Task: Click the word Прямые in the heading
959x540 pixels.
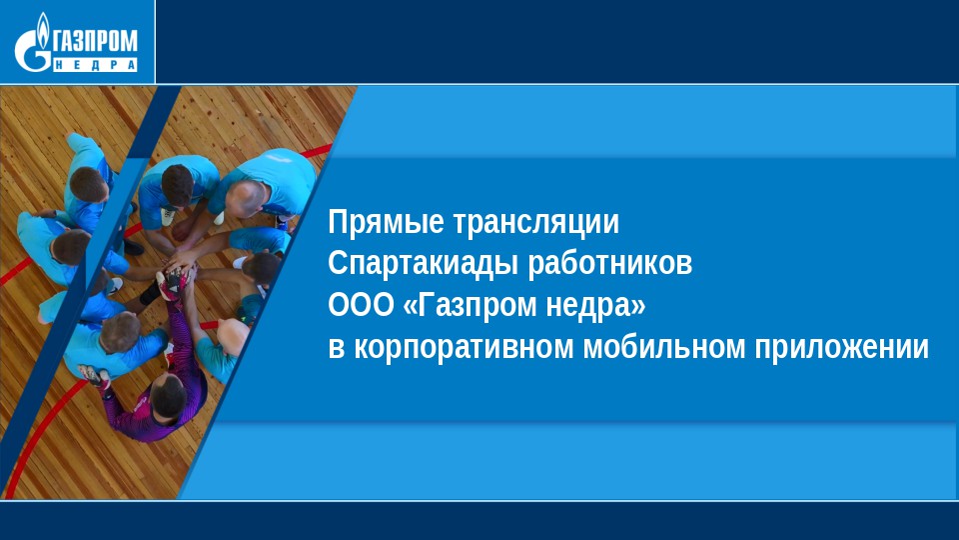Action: click(386, 222)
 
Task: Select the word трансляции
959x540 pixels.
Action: click(535, 222)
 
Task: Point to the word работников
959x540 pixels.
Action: click(609, 264)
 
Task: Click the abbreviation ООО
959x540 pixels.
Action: click(361, 305)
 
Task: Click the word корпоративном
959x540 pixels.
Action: click(465, 347)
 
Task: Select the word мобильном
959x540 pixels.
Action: click(664, 347)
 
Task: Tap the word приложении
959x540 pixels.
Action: click(841, 347)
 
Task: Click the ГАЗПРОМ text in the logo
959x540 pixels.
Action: click(96, 43)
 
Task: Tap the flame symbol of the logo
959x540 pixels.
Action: click(43, 29)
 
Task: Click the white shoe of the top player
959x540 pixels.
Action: click(168, 216)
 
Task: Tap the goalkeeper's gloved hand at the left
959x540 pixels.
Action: click(93, 374)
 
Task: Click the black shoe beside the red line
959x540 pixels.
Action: click(133, 247)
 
